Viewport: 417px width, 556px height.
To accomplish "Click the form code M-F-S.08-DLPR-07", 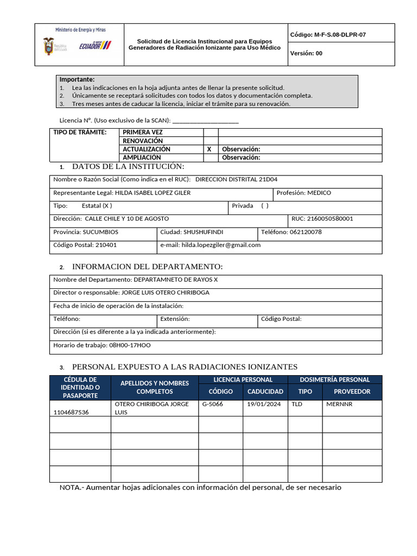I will (x=328, y=34).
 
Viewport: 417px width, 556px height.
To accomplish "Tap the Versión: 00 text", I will (x=306, y=53).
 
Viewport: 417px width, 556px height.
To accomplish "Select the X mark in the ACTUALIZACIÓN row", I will (x=209, y=149).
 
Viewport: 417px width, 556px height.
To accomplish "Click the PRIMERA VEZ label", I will (x=143, y=132).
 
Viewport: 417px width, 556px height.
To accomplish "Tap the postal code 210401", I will (x=106, y=245).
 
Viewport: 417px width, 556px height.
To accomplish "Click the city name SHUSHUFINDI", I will (x=203, y=232).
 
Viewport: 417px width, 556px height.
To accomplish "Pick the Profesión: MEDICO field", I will (x=304, y=193).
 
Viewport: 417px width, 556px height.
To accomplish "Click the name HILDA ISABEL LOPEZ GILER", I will (x=153, y=193).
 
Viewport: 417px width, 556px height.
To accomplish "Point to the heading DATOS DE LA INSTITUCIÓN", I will (x=128, y=166).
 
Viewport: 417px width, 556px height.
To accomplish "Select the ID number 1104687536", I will (x=71, y=412).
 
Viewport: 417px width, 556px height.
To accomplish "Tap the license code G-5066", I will (x=212, y=404).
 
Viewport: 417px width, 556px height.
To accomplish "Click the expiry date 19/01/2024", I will (x=264, y=404).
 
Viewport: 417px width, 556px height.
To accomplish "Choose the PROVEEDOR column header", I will (x=352, y=391).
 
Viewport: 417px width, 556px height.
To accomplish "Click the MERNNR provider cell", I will (x=339, y=404).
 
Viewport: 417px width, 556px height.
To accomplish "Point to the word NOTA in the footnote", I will (x=69, y=488).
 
